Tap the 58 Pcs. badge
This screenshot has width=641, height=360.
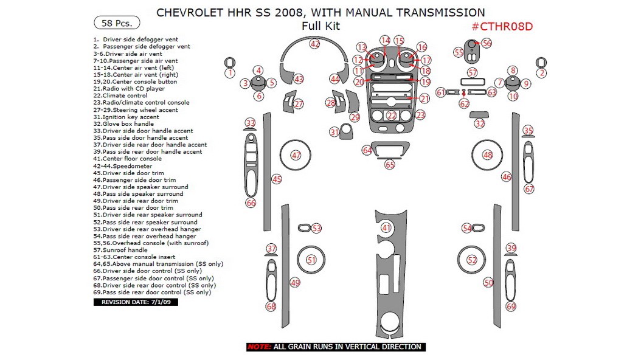coord(116,23)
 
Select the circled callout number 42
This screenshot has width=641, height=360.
coord(314,44)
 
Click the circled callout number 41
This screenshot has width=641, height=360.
coord(386,227)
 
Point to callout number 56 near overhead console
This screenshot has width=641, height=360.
coord(487,43)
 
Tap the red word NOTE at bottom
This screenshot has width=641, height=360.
coord(258,347)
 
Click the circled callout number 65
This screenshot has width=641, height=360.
coord(390,165)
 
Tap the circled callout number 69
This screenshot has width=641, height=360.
coord(511,306)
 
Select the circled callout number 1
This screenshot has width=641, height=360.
coord(230,73)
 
